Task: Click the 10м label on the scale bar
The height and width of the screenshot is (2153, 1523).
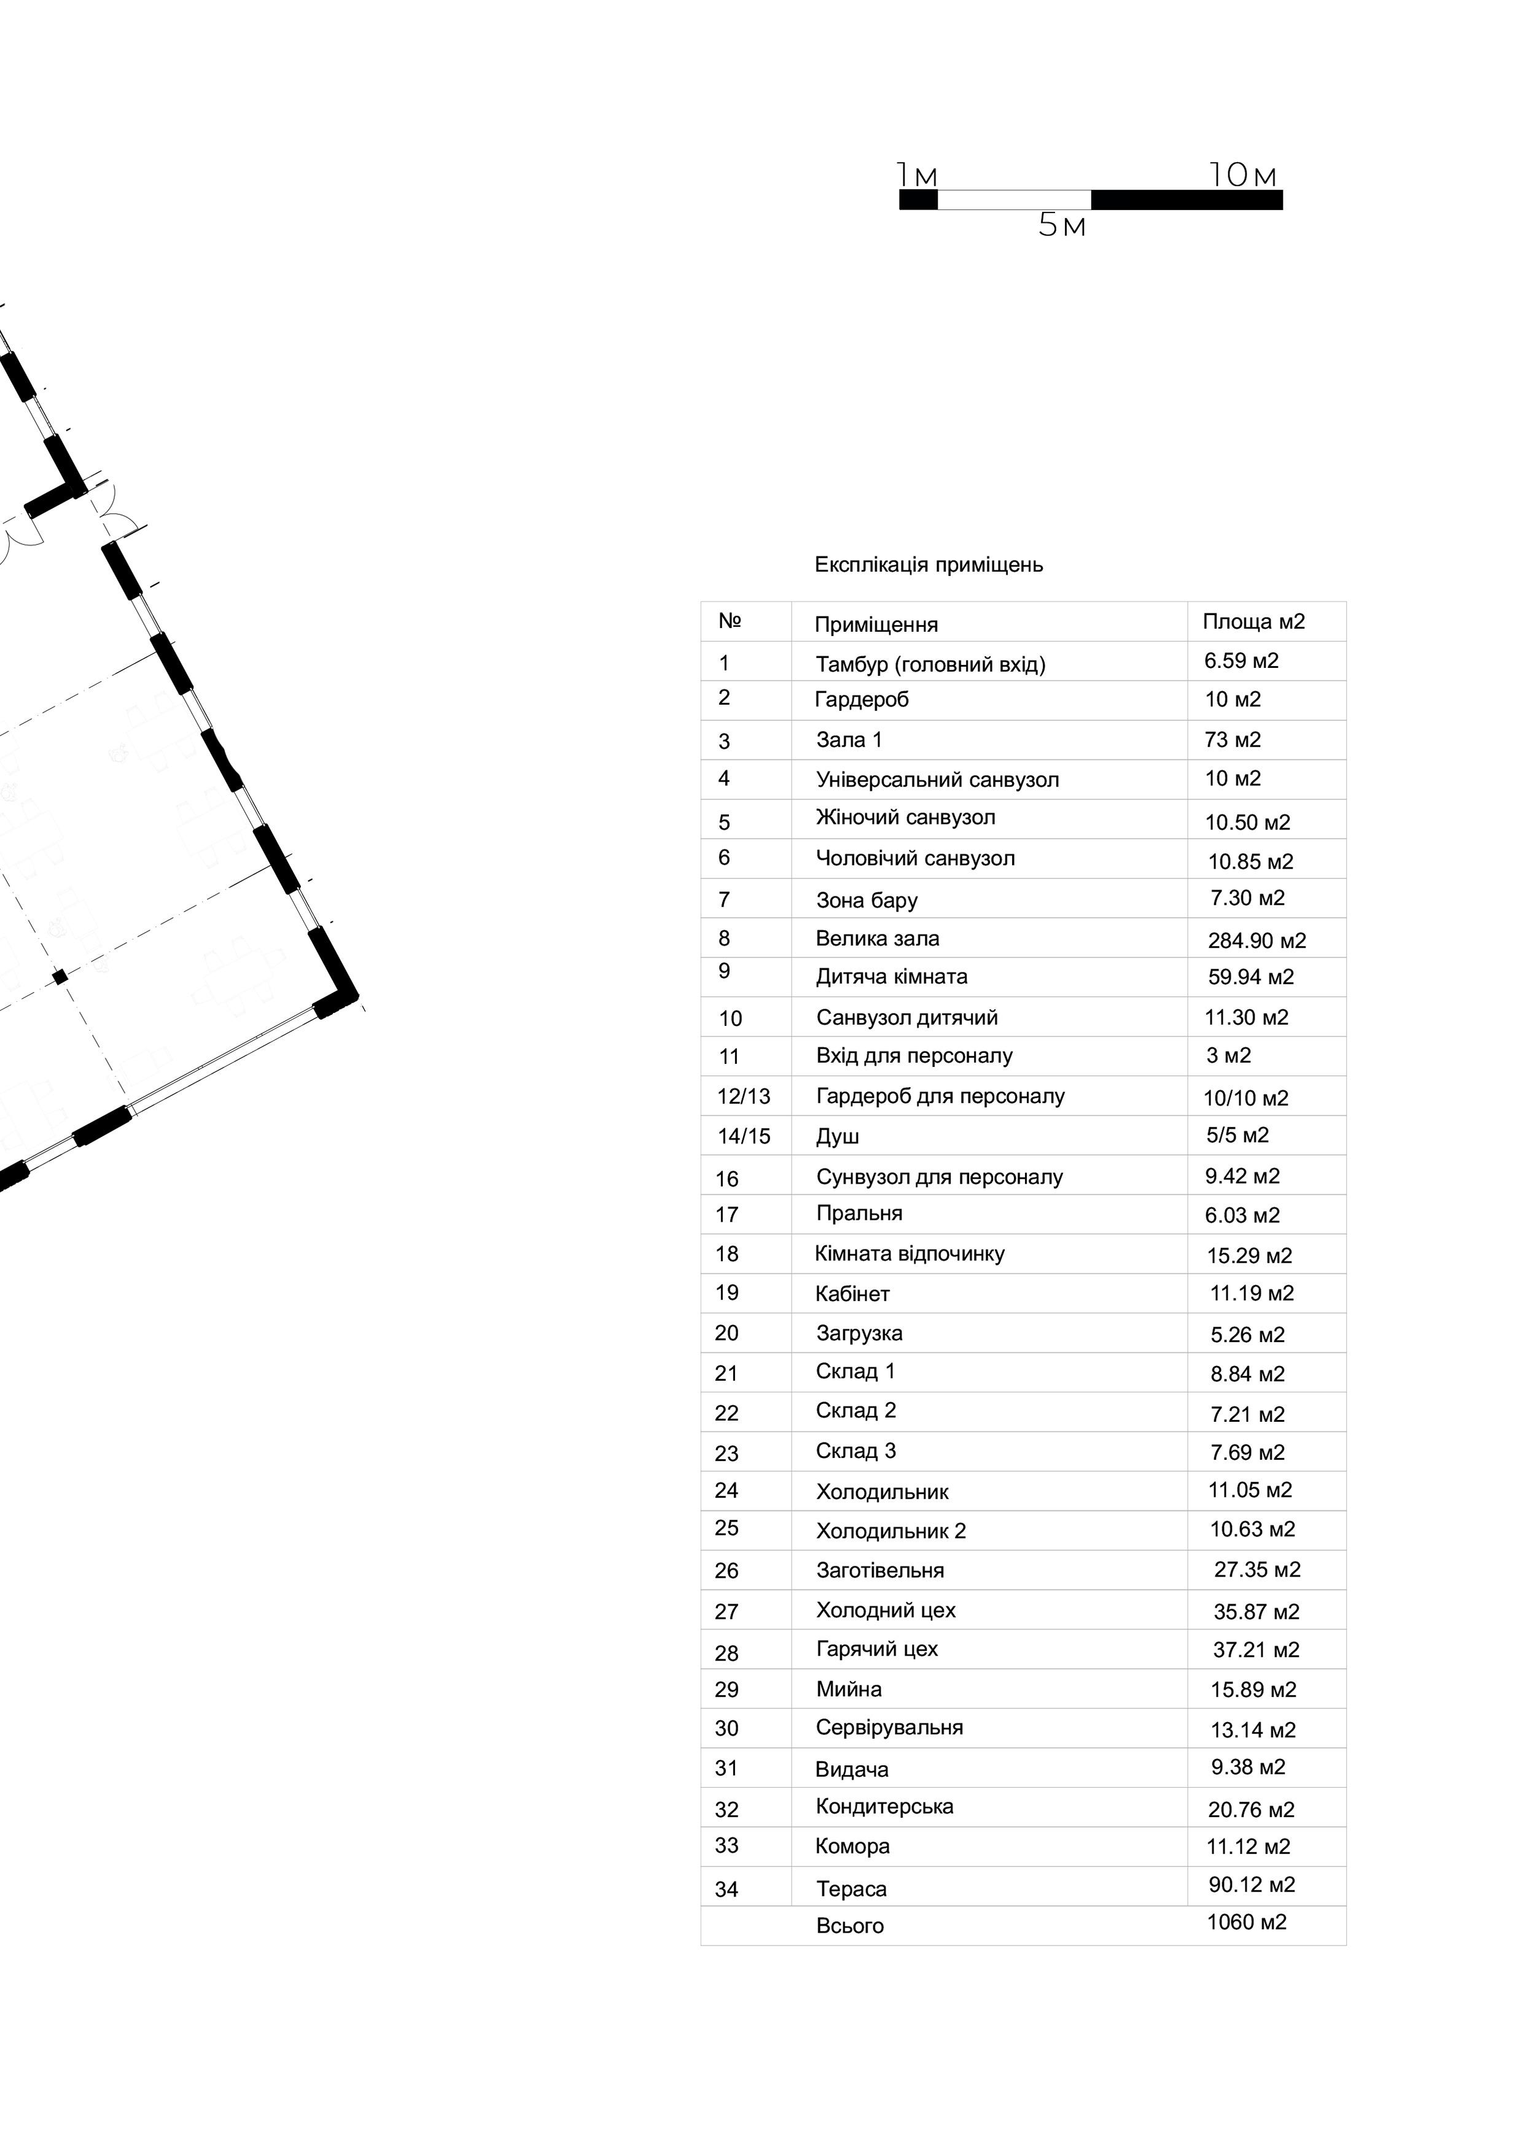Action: (1242, 176)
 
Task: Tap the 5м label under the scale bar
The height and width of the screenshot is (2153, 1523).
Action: (1062, 226)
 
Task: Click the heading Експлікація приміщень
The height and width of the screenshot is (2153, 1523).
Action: (929, 565)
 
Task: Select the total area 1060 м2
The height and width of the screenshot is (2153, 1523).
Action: (1247, 1922)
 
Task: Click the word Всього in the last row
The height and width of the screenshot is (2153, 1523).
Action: (850, 1926)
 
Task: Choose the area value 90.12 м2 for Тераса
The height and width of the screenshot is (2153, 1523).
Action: (1251, 1885)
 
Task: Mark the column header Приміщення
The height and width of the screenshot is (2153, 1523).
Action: (876, 624)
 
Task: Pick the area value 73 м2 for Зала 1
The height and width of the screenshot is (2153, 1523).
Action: (1233, 740)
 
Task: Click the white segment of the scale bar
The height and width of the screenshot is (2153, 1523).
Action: (1014, 200)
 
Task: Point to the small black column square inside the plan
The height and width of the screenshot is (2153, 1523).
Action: (60, 977)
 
